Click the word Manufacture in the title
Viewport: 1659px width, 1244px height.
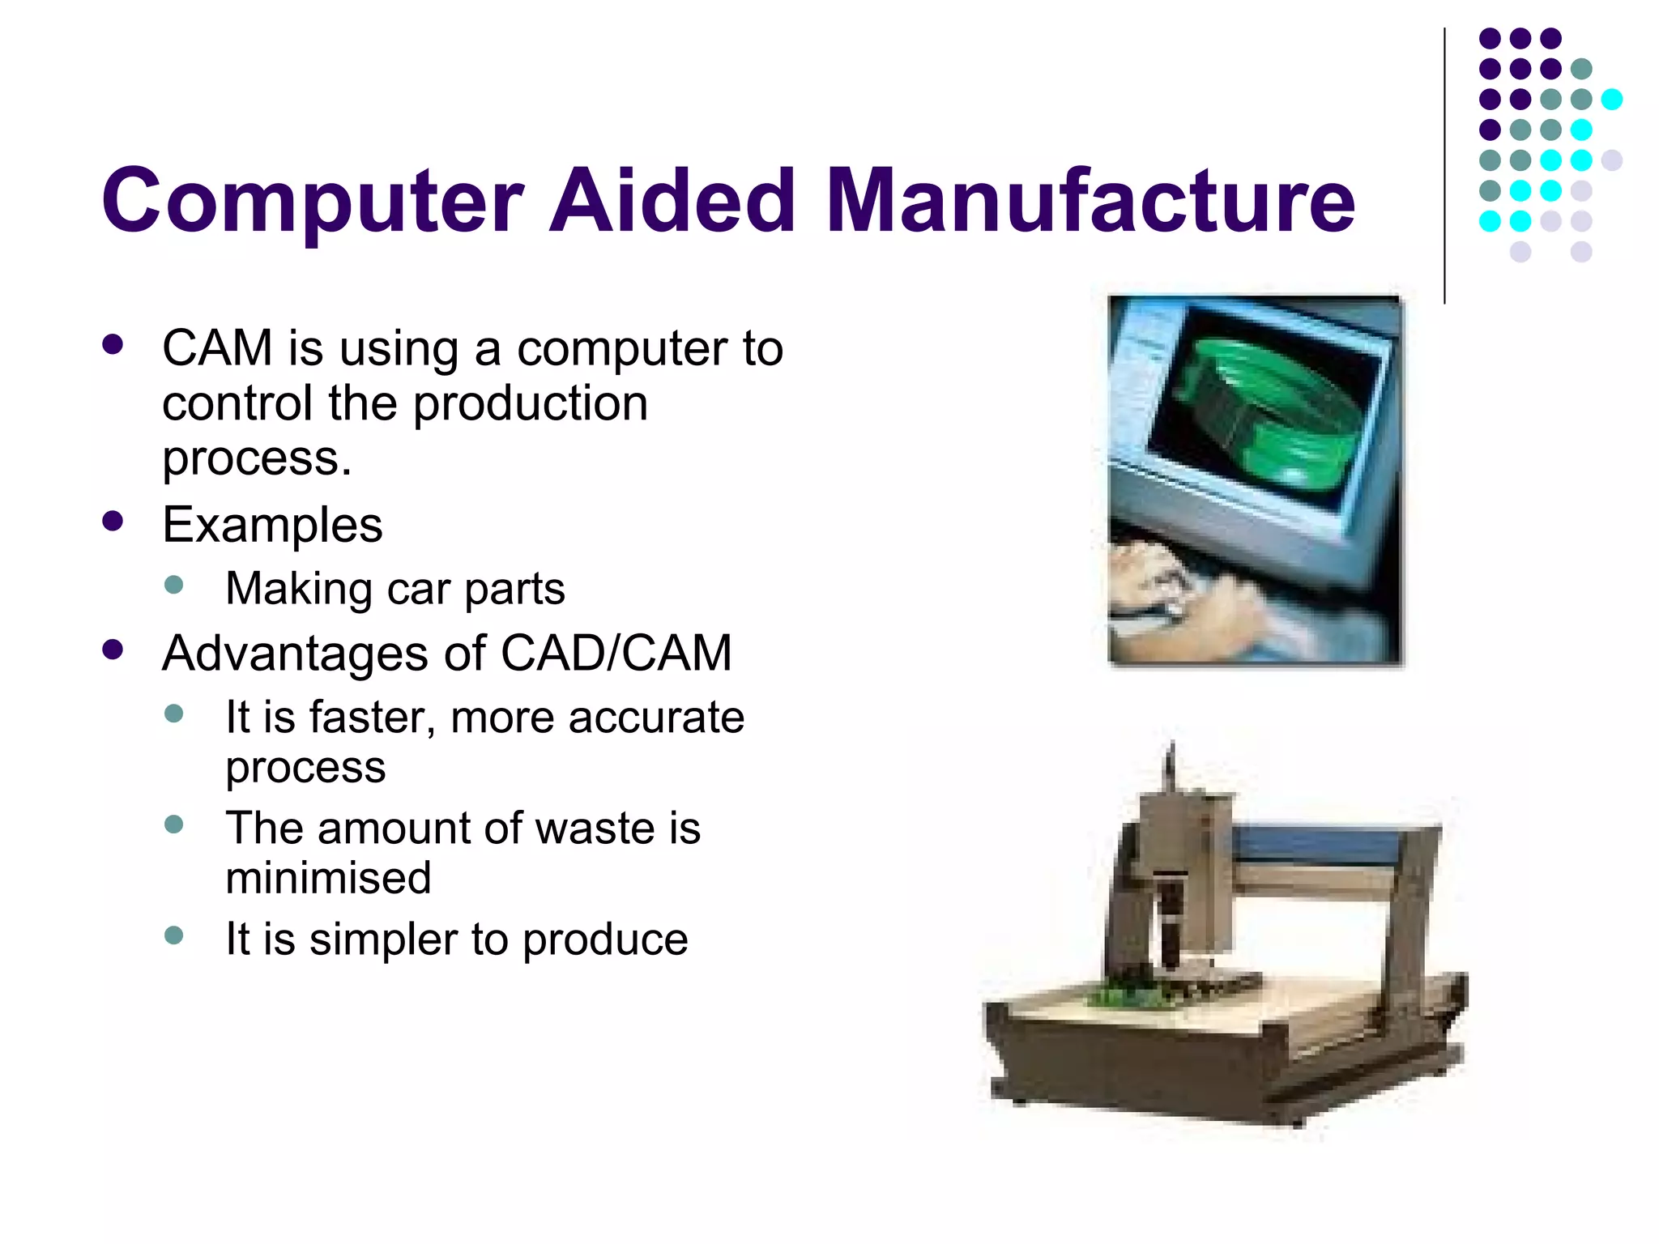click(x=1090, y=200)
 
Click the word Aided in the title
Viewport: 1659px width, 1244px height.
click(x=672, y=200)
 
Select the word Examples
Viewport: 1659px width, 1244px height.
click(x=272, y=525)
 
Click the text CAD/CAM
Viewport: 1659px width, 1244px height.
click(x=616, y=653)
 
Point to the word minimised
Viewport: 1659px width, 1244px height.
click(x=328, y=878)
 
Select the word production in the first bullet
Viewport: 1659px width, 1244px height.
click(x=531, y=403)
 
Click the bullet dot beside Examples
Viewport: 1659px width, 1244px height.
click(x=113, y=520)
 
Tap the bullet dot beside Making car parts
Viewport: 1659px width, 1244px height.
click(x=173, y=585)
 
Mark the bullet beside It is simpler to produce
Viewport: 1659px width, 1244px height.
click(x=173, y=935)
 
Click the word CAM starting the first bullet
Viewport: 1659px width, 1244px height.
click(x=217, y=349)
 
